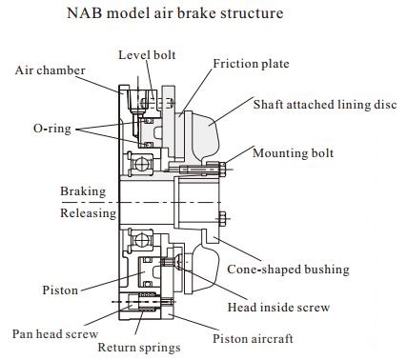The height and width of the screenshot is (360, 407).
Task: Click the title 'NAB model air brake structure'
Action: pyautogui.click(x=202, y=15)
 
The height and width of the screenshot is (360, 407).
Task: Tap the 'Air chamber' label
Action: pyautogui.click(x=50, y=70)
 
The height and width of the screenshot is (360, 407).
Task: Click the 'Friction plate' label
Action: pyautogui.click(x=251, y=64)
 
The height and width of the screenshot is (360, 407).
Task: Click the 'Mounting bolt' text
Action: pyautogui.click(x=293, y=150)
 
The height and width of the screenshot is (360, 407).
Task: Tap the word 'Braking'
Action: pyautogui.click(x=83, y=191)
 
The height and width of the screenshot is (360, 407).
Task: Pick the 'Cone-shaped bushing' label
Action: pyautogui.click(x=301, y=270)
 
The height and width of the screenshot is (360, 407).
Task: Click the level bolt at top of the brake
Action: pyautogui.click(x=146, y=96)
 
